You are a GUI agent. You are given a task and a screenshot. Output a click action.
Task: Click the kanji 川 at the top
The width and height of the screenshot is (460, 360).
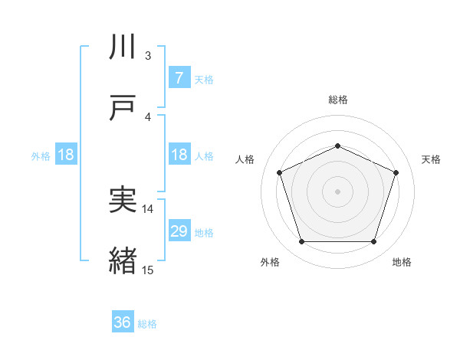click(x=123, y=47)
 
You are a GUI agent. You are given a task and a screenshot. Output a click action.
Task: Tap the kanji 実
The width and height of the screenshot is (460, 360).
click(x=123, y=201)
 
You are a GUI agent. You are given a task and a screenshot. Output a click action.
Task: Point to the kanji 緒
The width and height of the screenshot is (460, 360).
click(x=123, y=261)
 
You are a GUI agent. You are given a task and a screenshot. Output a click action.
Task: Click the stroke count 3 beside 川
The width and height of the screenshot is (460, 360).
click(x=148, y=56)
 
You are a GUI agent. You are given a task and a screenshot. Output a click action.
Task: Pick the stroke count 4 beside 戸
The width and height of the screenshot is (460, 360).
click(x=148, y=116)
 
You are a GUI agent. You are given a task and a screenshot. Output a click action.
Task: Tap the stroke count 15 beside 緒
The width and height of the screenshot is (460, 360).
click(x=148, y=270)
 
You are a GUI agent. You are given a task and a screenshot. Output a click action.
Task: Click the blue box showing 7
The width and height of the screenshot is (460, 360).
click(x=179, y=77)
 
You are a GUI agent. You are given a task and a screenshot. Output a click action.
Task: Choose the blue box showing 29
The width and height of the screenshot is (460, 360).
click(x=179, y=231)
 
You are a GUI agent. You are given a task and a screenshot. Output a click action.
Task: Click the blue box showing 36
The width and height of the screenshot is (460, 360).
click(x=123, y=322)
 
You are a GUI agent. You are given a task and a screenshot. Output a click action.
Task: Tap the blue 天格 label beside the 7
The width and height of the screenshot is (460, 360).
click(x=204, y=78)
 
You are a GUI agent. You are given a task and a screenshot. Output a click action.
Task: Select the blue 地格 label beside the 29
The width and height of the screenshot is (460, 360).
click(x=204, y=232)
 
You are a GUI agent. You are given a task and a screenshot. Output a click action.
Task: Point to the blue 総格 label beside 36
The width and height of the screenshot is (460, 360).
click(x=147, y=323)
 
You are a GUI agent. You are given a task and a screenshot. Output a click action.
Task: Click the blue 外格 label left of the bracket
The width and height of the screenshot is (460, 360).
click(x=41, y=155)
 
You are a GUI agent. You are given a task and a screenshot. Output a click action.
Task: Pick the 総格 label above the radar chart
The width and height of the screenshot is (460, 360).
click(x=337, y=100)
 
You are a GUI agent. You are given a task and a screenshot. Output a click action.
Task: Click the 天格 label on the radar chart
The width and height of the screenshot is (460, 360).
click(x=431, y=159)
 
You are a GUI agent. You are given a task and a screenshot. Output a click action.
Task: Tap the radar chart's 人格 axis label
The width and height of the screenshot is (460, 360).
click(x=245, y=159)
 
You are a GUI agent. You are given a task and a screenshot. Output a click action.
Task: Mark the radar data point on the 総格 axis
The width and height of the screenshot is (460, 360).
click(x=337, y=146)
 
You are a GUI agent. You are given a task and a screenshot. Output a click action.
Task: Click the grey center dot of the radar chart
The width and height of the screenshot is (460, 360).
click(x=337, y=191)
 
